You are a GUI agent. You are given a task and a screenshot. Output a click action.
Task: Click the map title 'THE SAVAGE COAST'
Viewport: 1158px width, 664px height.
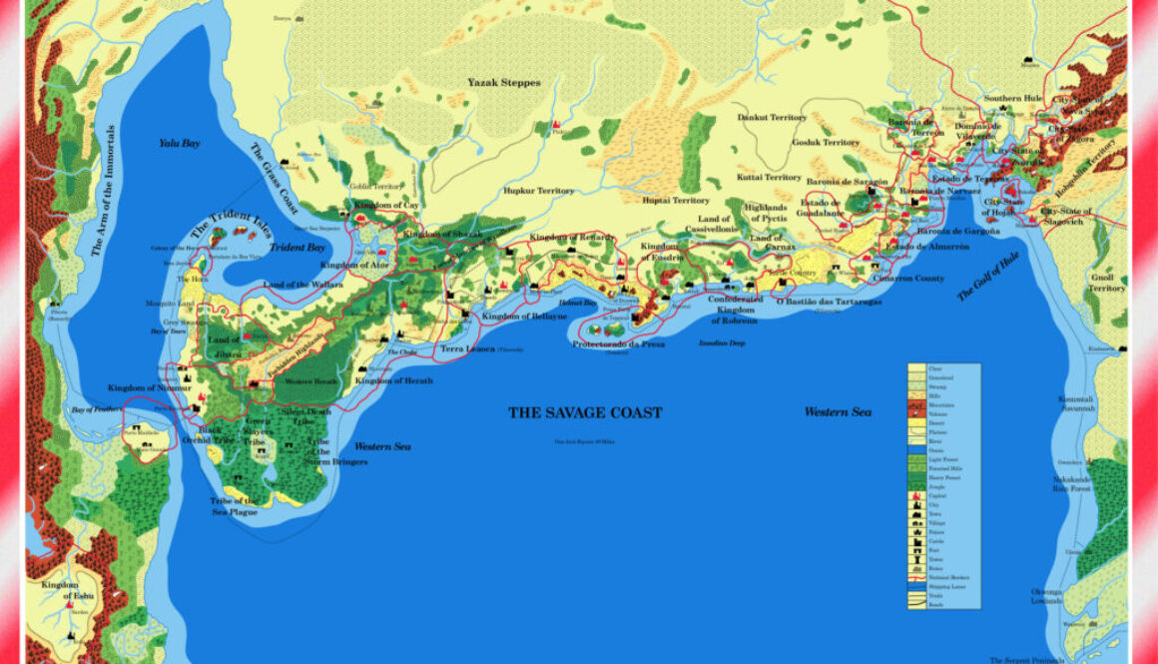(x=584, y=412)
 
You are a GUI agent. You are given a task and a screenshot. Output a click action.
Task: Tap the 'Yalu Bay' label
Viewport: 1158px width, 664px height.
(x=180, y=144)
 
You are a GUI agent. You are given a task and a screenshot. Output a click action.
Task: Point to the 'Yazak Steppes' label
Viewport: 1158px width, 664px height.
(x=504, y=83)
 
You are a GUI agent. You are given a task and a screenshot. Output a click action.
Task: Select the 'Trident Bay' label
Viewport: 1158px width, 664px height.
(x=298, y=247)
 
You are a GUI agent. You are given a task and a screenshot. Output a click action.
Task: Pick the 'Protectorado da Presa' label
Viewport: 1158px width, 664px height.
(x=619, y=343)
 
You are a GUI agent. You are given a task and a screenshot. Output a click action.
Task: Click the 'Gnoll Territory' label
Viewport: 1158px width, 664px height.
(x=1106, y=281)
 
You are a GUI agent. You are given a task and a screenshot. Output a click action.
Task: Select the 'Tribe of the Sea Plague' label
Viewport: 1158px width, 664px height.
(x=234, y=505)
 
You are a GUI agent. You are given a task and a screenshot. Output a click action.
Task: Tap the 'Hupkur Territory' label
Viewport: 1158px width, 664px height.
(x=539, y=191)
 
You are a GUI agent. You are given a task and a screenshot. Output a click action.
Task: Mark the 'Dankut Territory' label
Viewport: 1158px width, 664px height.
(x=772, y=118)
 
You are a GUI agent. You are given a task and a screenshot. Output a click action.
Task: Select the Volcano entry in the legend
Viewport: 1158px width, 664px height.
(x=916, y=414)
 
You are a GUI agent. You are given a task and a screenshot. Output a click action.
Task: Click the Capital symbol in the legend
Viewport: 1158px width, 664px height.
(x=916, y=495)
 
